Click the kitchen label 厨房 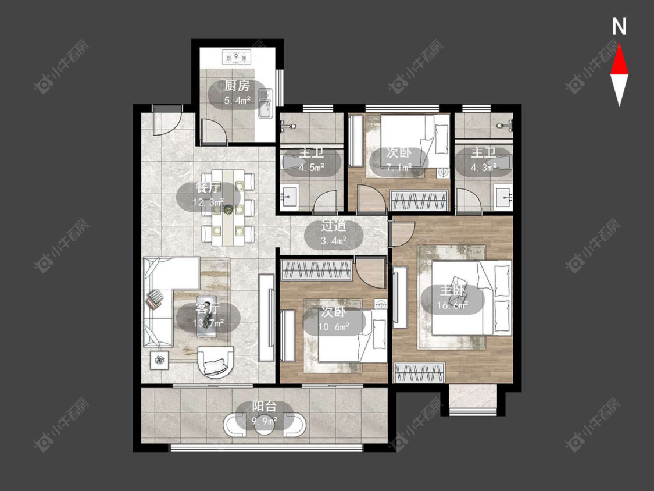237,86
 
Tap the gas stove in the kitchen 237,57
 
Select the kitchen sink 265,103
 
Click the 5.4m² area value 237,101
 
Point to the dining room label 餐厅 208,187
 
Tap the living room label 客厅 208,309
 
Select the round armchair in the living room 216,362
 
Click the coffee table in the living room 207,316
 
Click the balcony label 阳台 264,407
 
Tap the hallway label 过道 333,226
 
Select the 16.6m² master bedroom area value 452,305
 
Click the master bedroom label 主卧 452,291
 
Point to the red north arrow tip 619,45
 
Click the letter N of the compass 619,27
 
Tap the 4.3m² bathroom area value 484,168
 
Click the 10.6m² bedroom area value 334,326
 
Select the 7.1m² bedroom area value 399,168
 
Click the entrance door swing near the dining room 167,120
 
